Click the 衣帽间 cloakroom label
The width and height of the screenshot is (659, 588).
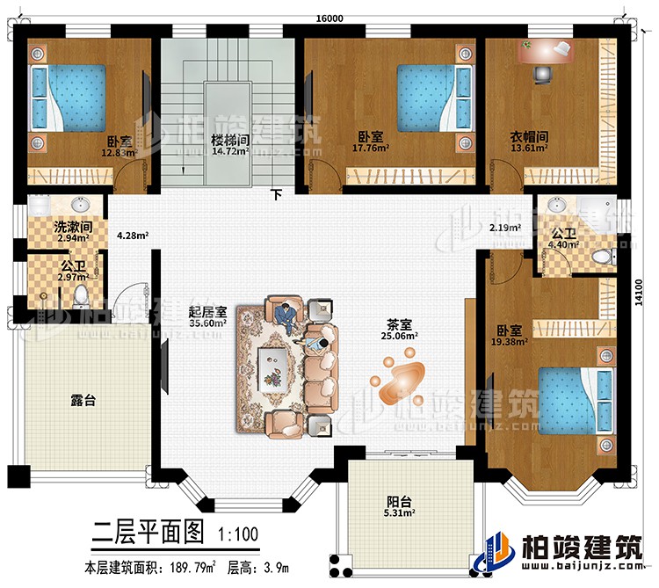pyautogui.click(x=530, y=136)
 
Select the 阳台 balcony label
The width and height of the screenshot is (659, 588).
pyautogui.click(x=400, y=502)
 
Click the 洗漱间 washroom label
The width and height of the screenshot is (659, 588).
pyautogui.click(x=49, y=223)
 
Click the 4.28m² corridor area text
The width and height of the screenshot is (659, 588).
pyautogui.click(x=133, y=236)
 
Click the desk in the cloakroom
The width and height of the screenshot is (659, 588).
pyautogui.click(x=546, y=49)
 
